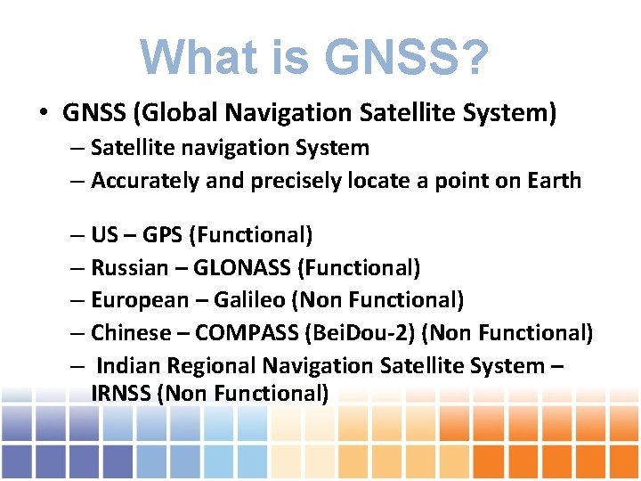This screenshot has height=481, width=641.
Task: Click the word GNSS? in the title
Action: (x=407, y=58)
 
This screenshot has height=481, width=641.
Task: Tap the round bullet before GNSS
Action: (x=43, y=114)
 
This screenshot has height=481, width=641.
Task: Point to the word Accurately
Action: (x=145, y=181)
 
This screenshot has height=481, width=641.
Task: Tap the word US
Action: (x=104, y=235)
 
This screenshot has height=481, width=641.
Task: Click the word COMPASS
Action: (x=247, y=333)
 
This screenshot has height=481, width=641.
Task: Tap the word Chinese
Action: (x=131, y=333)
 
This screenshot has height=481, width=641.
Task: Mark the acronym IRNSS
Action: (x=120, y=393)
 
